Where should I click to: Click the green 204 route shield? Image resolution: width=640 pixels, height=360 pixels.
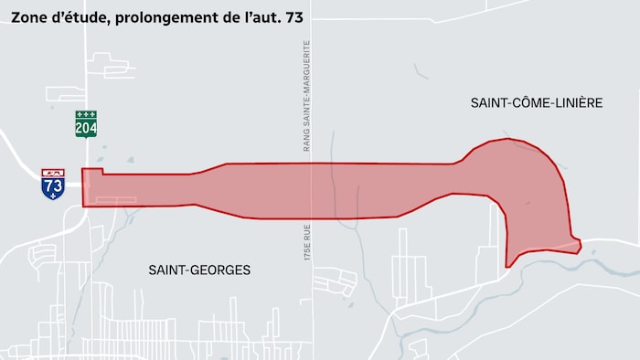click(86, 124)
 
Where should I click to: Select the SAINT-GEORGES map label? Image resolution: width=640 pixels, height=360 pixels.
click(199, 270)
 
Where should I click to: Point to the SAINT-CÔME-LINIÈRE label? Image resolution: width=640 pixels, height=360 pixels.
click(537, 103)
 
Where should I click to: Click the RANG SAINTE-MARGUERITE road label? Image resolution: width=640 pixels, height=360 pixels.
click(308, 97)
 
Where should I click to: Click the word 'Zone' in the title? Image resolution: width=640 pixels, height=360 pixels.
click(30, 16)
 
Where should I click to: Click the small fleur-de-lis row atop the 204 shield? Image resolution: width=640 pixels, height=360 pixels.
click(86, 114)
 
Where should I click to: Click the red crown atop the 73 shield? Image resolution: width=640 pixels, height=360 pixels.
click(53, 172)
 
